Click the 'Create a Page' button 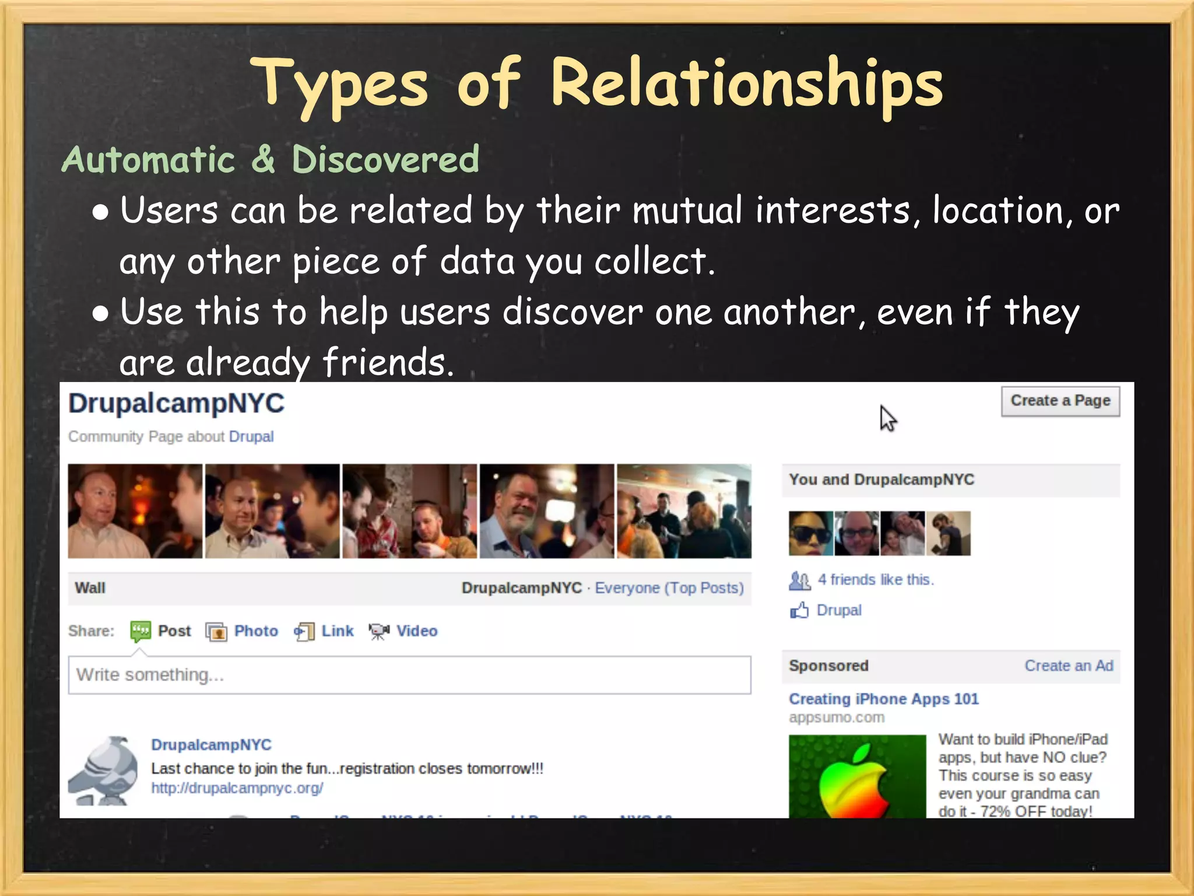[1060, 401]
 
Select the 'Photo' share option [255, 631]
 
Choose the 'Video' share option [416, 631]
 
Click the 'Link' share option [337, 631]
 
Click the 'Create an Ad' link [1069, 666]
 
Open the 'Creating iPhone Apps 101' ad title [883, 699]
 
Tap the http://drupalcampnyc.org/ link [237, 788]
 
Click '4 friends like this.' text [875, 580]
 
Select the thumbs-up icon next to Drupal [799, 611]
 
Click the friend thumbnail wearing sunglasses [810, 533]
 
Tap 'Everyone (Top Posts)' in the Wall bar [669, 588]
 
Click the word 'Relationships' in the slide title [746, 85]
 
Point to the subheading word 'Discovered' [385, 159]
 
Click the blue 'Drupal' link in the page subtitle [251, 436]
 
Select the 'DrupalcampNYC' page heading [177, 404]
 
